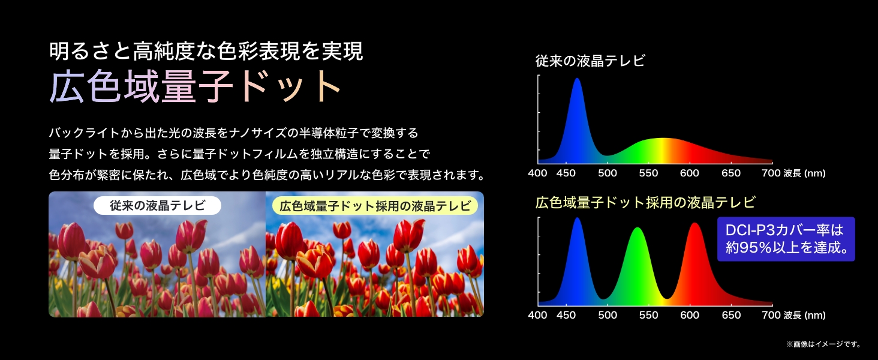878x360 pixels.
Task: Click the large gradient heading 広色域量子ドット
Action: (x=195, y=86)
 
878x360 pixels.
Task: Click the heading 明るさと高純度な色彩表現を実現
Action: (x=206, y=52)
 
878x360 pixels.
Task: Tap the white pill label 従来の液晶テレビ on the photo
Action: (x=157, y=205)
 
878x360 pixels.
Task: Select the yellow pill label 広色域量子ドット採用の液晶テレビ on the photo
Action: (x=375, y=206)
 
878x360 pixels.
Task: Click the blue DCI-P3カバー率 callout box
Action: (x=786, y=239)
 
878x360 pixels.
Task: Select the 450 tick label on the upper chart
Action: (x=566, y=173)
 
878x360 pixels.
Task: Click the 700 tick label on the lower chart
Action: (x=771, y=315)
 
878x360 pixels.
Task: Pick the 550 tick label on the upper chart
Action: (x=648, y=173)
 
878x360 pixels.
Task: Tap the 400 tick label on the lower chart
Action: (x=537, y=315)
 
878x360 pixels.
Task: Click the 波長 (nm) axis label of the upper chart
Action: (x=805, y=173)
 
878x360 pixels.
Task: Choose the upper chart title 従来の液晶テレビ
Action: (x=590, y=61)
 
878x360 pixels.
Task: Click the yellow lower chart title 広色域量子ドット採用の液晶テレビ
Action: (x=645, y=202)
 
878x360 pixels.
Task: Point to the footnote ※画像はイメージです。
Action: (x=823, y=344)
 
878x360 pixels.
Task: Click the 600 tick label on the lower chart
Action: (x=690, y=315)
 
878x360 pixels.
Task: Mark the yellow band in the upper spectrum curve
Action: (x=663, y=151)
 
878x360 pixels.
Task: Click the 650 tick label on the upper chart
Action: (x=731, y=173)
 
